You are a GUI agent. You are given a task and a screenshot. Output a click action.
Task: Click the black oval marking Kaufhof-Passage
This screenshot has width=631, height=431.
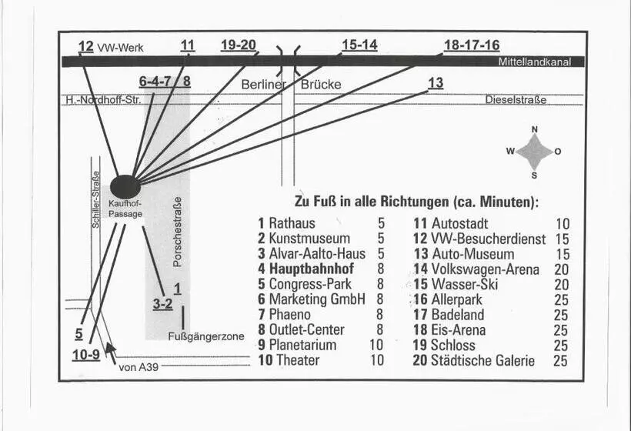click(x=125, y=186)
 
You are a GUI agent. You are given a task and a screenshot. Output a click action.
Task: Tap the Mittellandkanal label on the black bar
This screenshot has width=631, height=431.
click(x=534, y=62)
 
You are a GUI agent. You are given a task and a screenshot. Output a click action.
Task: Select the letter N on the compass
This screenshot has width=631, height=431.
click(x=535, y=129)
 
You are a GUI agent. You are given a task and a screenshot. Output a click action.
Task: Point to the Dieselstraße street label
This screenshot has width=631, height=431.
click(x=516, y=100)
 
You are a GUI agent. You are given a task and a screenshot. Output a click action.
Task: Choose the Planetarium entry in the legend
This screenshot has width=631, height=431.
click(x=302, y=345)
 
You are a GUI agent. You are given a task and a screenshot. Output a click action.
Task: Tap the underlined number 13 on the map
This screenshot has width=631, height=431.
click(x=436, y=83)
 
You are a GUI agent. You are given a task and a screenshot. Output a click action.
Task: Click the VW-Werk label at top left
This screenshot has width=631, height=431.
click(x=120, y=48)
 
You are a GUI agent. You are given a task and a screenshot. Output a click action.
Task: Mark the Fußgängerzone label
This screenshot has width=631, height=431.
click(x=206, y=336)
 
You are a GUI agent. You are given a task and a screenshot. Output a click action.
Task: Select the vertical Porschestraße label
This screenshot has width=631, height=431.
click(x=178, y=232)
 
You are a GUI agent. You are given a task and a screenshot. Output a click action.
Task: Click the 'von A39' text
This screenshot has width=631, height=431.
click(x=139, y=368)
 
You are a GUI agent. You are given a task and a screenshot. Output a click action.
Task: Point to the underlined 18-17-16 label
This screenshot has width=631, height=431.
click(x=472, y=45)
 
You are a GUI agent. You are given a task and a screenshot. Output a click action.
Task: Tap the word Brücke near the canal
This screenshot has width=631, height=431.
click(x=321, y=84)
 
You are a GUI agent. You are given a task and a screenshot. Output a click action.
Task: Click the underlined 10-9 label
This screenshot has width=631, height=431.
click(x=85, y=355)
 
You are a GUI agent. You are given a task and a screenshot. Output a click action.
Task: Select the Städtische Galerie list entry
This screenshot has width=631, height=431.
click(x=482, y=359)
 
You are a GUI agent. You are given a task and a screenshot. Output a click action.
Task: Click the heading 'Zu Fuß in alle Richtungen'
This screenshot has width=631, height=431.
click(x=416, y=202)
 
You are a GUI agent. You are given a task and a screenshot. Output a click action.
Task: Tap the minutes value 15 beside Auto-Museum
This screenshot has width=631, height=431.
click(x=562, y=254)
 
